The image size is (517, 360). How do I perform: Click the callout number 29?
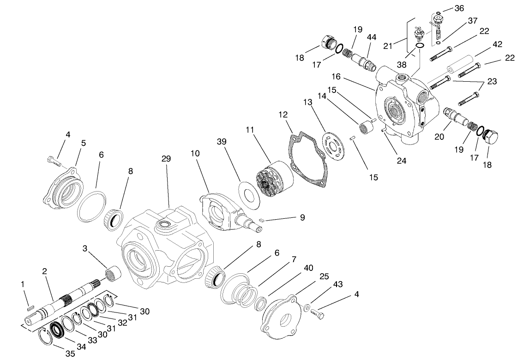click(166, 159)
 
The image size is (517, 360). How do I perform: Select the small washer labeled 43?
click(307, 307)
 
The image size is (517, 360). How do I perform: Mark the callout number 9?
click(302, 217)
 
